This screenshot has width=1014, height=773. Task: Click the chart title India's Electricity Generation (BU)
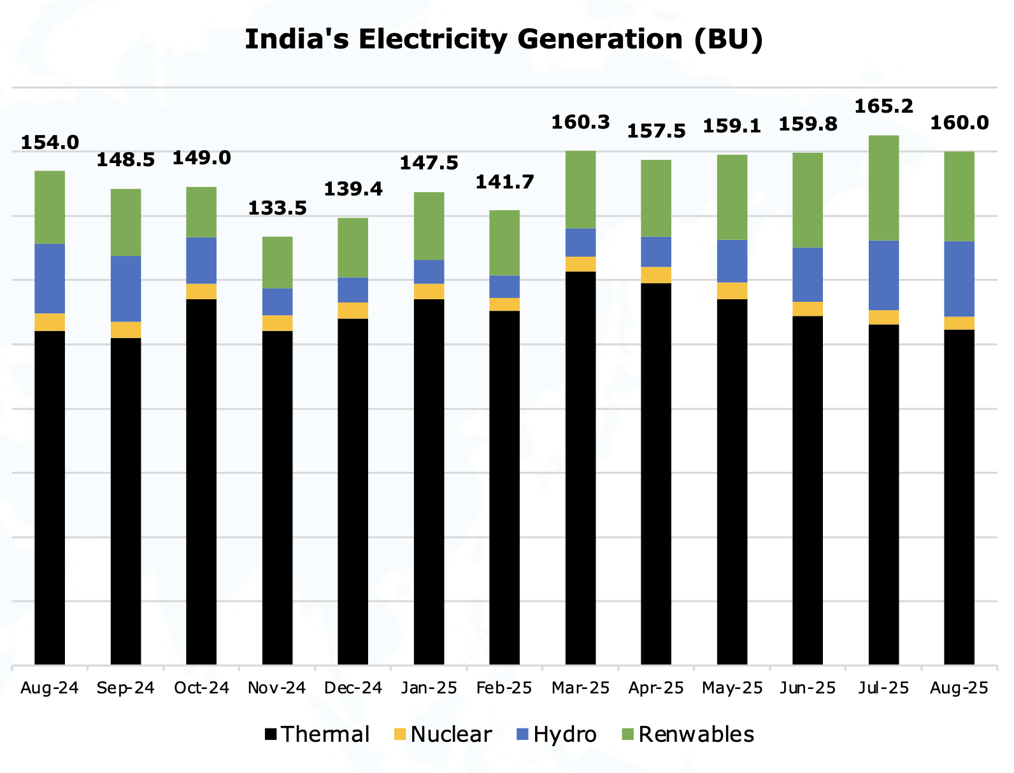coord(504,39)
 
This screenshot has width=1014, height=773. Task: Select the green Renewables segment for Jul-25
coord(883,188)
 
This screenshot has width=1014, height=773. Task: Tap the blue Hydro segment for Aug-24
coord(50,278)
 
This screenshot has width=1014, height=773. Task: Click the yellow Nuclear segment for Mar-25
coord(580,264)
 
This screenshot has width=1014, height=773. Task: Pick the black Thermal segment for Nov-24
coord(277,497)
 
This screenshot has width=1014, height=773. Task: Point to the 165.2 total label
coord(883,106)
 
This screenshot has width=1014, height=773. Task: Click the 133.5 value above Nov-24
coord(277,208)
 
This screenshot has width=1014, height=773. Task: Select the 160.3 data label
coord(580,122)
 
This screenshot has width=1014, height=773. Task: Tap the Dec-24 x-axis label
coord(353,688)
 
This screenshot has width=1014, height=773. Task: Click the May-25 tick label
coord(732,688)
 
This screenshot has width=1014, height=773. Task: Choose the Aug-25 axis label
coord(959,688)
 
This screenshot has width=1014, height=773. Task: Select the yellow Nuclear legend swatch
coord(400,735)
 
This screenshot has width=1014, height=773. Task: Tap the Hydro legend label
coord(564,735)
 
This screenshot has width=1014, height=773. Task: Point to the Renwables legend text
coord(696,735)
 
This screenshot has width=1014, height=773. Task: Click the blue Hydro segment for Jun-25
coord(808,274)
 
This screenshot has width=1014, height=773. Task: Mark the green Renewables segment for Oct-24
coord(201,212)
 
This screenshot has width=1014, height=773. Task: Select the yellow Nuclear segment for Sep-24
coord(125,330)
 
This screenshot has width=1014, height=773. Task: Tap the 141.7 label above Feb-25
coord(504,183)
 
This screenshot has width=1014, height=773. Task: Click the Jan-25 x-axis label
coord(429,688)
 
